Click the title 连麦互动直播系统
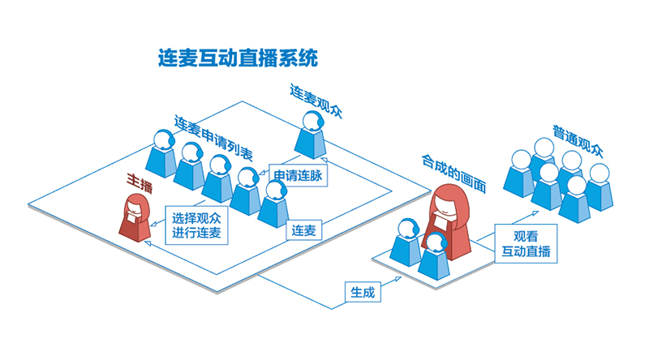(239, 58)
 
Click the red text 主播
(139, 182)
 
